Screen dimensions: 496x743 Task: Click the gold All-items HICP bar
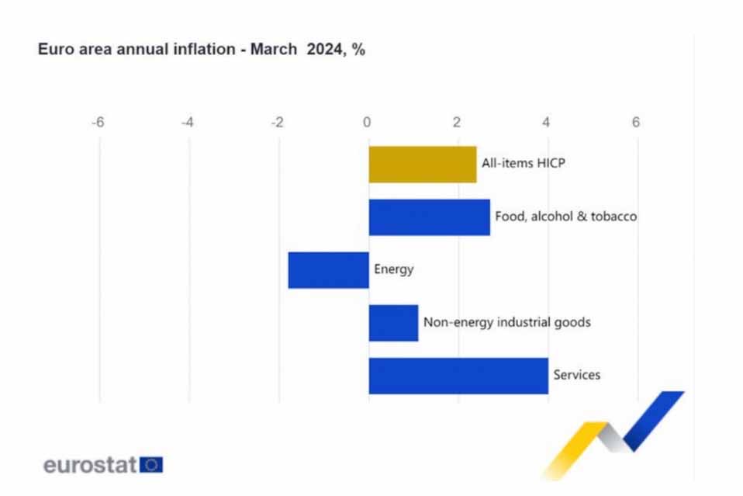[422, 165]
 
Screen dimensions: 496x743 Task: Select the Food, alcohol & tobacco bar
[429, 217]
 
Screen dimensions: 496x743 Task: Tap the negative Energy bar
[328, 270]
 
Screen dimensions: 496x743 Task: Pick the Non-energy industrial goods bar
[393, 323]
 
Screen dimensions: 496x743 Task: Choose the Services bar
[458, 376]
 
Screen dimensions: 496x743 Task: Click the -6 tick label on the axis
[98, 122]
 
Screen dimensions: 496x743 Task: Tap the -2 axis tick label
[277, 122]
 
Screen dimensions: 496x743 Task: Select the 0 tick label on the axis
[368, 122]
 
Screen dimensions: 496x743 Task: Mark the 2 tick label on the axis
[457, 122]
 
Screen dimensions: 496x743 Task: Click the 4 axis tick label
[547, 122]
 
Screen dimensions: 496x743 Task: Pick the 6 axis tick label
[636, 122]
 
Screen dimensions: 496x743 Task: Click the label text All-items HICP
[519, 164]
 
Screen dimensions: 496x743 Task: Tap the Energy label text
[394, 270]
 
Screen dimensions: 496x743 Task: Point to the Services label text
[576, 376]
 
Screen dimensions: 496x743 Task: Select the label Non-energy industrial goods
[506, 322]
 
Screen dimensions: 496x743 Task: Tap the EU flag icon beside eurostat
[151, 465]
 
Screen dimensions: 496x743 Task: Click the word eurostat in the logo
[90, 466]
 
